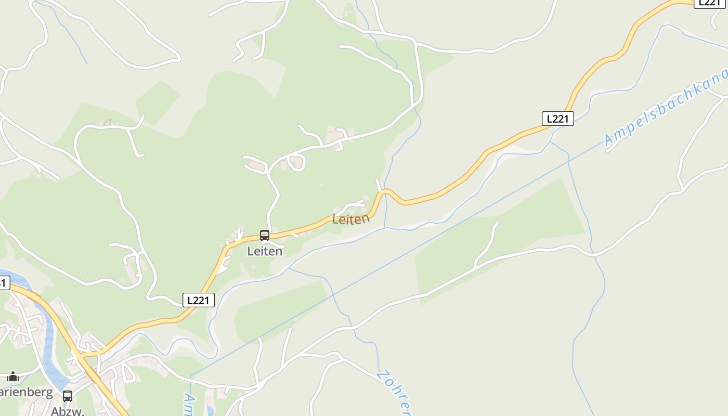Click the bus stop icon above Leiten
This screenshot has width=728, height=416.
(x=264, y=236)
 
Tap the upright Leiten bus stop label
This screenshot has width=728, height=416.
(x=265, y=251)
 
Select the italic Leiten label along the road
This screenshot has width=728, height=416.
(x=351, y=219)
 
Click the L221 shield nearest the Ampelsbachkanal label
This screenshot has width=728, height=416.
(x=557, y=119)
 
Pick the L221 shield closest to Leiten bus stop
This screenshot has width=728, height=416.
(x=199, y=300)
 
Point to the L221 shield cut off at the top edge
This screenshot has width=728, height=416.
(x=710, y=3)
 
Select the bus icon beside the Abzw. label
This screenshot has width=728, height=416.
(x=68, y=396)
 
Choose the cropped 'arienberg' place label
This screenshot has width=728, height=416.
(x=26, y=392)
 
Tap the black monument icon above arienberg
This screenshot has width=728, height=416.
(x=13, y=377)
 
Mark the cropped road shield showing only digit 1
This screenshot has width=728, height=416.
(x=4, y=283)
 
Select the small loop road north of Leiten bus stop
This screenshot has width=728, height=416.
(x=297, y=163)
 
